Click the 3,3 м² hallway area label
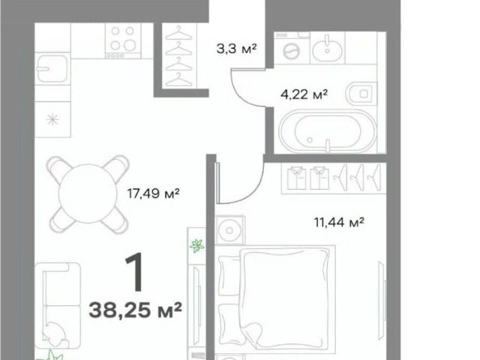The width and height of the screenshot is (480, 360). click(x=236, y=48)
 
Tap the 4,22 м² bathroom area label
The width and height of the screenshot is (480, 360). click(x=304, y=94)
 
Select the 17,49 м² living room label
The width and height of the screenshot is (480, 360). click(x=153, y=193)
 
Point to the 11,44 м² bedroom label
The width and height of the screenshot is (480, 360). click(x=339, y=222)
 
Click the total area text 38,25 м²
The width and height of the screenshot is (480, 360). click(x=135, y=310)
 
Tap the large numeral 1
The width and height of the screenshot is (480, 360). click(x=135, y=271)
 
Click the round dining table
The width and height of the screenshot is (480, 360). click(x=88, y=193)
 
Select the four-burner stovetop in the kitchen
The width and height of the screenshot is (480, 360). click(x=123, y=41)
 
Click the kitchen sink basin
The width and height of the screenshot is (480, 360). click(x=52, y=69)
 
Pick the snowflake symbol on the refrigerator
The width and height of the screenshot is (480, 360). click(x=52, y=119)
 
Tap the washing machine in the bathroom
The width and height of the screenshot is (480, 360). click(x=292, y=48)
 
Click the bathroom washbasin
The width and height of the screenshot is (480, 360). click(x=327, y=48)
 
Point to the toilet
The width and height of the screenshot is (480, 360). click(x=361, y=94)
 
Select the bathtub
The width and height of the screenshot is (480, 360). click(x=328, y=131)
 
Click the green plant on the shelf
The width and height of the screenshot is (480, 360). click(x=196, y=245)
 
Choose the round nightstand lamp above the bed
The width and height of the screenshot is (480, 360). click(x=229, y=230)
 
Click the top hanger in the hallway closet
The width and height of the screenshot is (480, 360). click(x=178, y=33)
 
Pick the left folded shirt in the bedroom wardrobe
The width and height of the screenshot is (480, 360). click(x=297, y=178)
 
